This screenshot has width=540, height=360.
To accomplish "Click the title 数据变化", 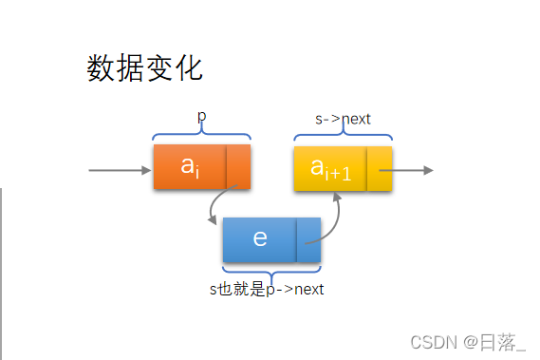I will pyautogui.click(x=144, y=68).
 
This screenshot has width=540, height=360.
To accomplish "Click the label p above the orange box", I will pyautogui.click(x=201, y=117).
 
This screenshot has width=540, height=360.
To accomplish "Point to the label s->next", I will pyautogui.click(x=343, y=120).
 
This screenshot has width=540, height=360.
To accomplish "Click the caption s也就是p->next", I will pyautogui.click(x=267, y=289).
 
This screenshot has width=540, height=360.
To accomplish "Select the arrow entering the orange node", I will pyautogui.click(x=120, y=171).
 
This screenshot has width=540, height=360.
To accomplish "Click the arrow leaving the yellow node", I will pyautogui.click(x=414, y=170).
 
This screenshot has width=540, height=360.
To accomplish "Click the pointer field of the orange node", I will pyautogui.click(x=238, y=167).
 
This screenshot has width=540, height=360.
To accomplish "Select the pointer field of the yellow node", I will pyautogui.click(x=380, y=168).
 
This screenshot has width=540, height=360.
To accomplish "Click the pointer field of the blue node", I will pyautogui.click(x=308, y=239).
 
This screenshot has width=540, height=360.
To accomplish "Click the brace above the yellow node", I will pyautogui.click(x=343, y=136).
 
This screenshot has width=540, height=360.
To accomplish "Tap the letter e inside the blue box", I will pyautogui.click(x=260, y=238).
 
